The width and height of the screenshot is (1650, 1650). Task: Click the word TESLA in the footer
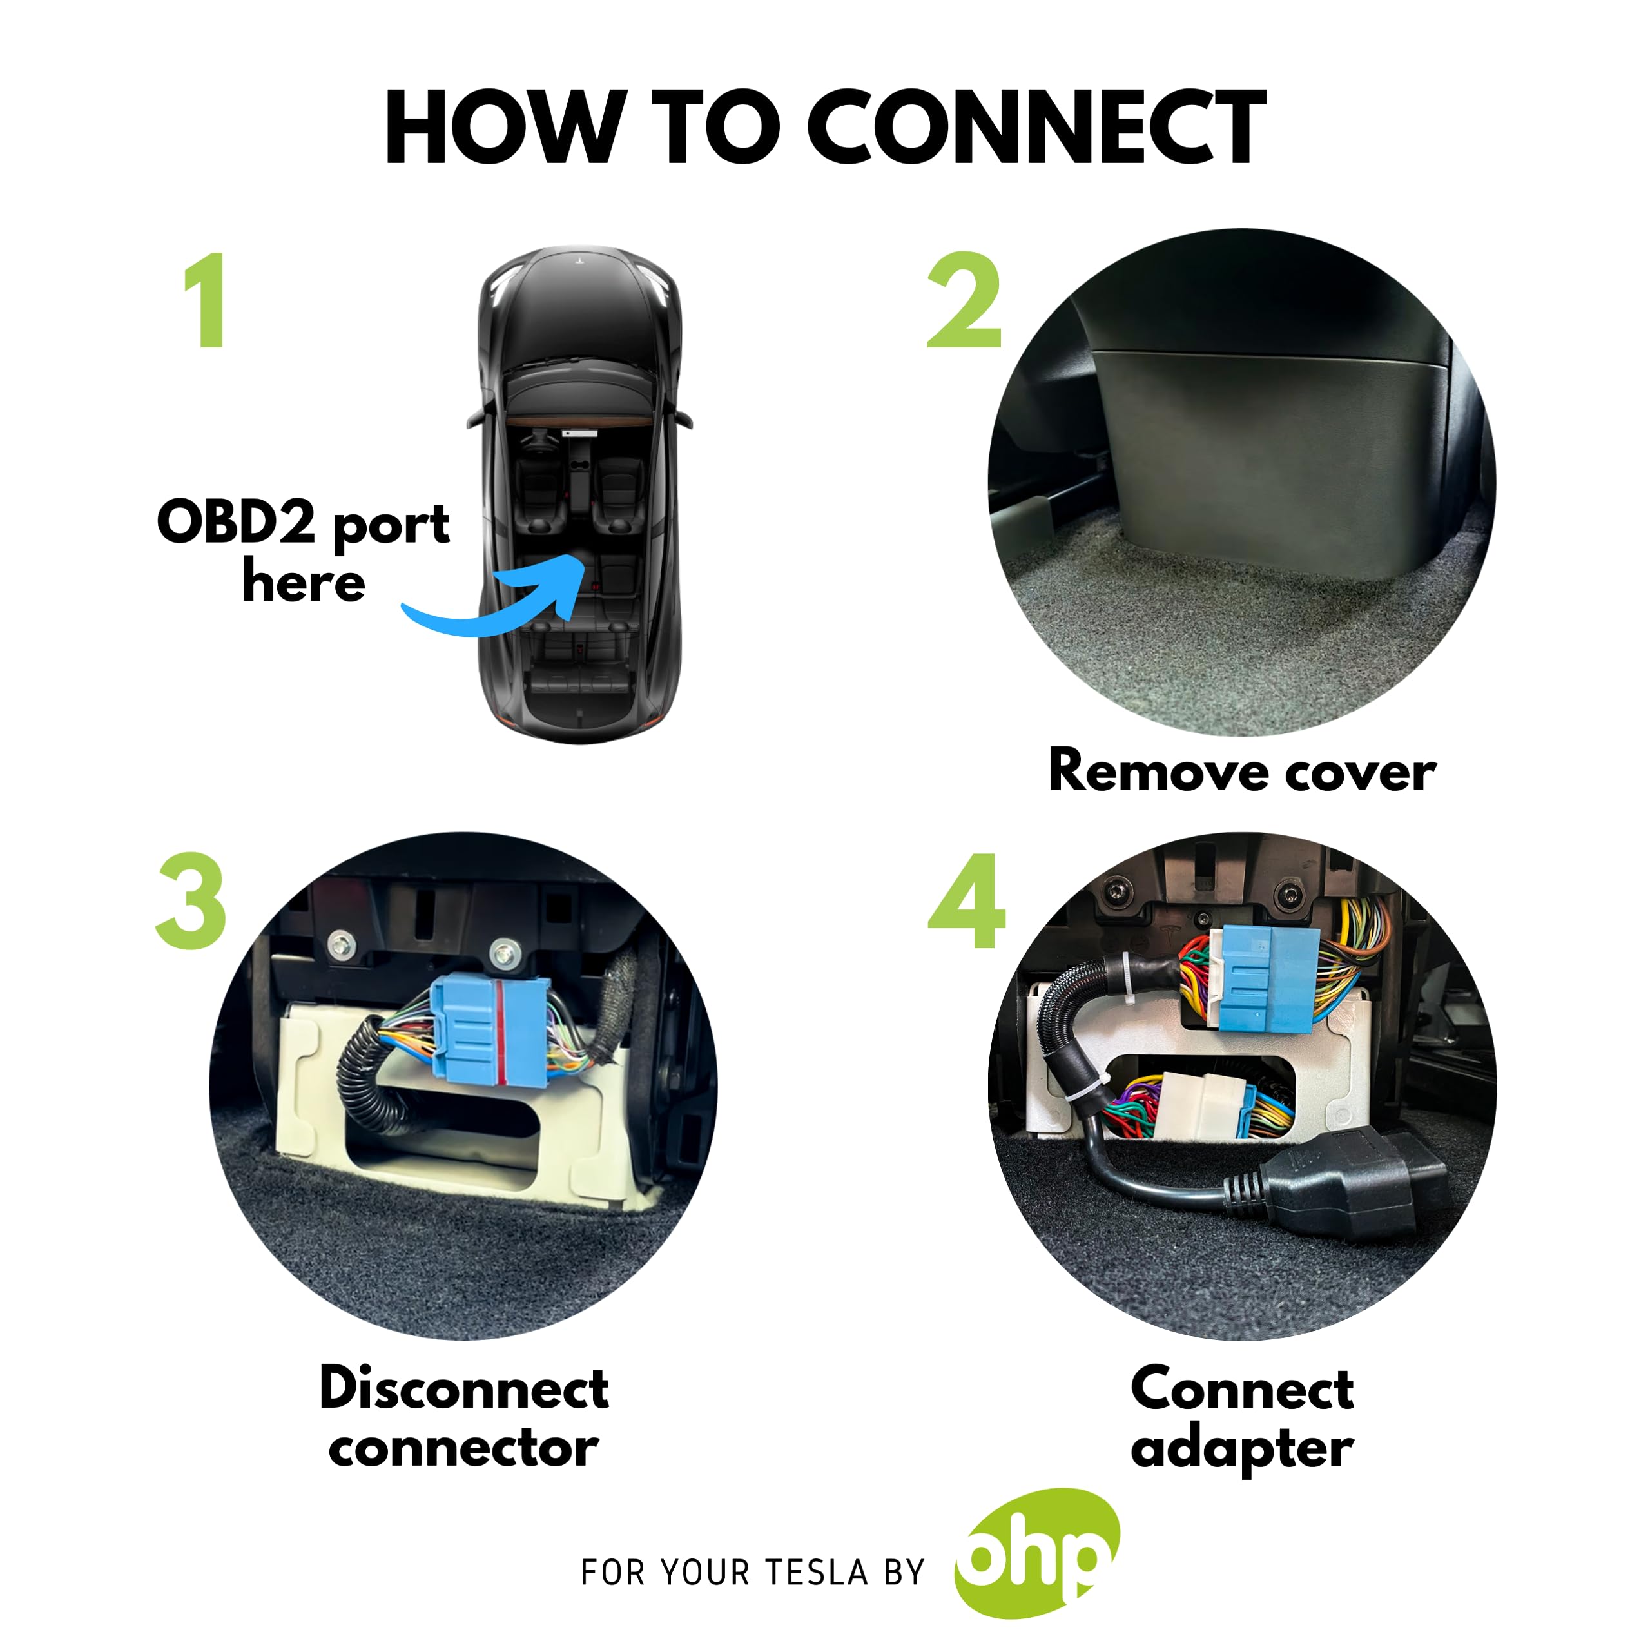(x=815, y=1572)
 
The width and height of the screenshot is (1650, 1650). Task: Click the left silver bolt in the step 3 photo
(x=342, y=945)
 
